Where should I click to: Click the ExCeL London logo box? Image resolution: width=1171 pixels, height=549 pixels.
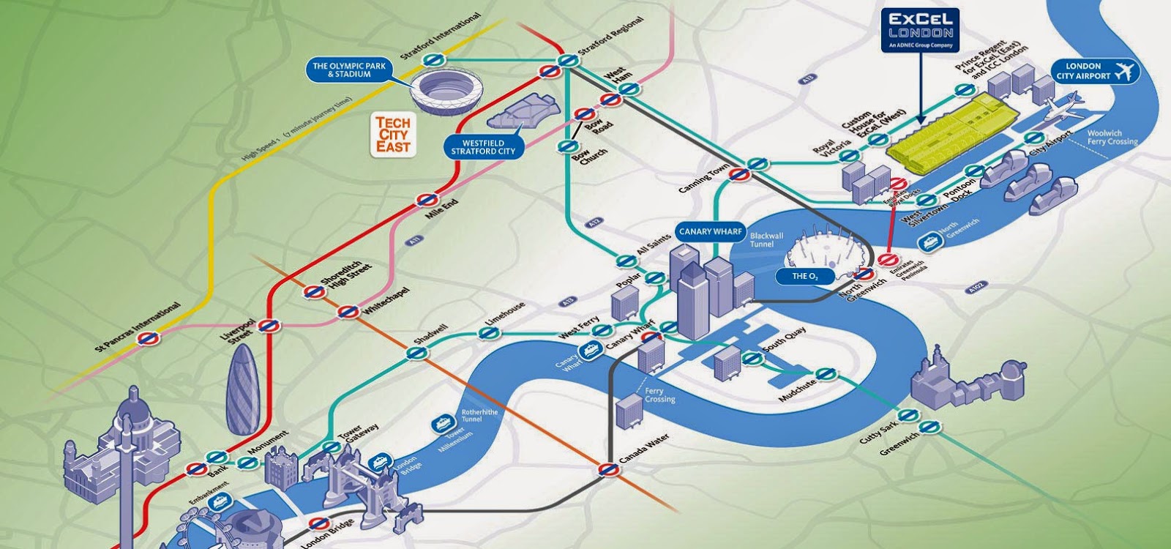point(920,31)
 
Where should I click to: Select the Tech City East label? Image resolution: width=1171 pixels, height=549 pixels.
point(393,135)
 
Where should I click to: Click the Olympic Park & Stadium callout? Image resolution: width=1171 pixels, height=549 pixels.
point(350,70)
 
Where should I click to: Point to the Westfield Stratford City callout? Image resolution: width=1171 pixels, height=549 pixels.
point(483,147)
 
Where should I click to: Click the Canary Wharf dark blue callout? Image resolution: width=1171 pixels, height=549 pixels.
point(706,232)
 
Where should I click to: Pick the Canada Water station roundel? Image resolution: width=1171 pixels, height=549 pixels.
point(606,468)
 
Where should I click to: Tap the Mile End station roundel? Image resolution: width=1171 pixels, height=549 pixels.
point(426,199)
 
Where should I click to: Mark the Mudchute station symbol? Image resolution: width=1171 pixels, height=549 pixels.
point(826,373)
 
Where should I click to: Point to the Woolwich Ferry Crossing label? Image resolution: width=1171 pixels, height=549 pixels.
point(1112,138)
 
